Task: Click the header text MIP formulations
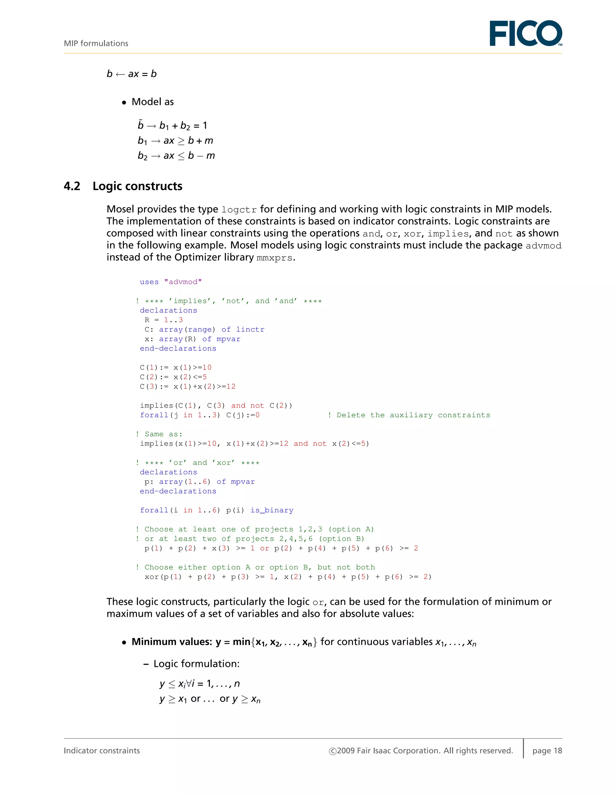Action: pyautogui.click(x=96, y=43)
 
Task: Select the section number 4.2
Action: pyautogui.click(x=72, y=186)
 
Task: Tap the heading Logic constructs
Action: pyautogui.click(x=137, y=186)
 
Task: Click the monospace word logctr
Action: pyautogui.click(x=239, y=210)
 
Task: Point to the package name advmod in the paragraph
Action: pyautogui.click(x=543, y=246)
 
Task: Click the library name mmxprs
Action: pyautogui.click(x=274, y=258)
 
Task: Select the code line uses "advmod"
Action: pyautogui.click(x=171, y=282)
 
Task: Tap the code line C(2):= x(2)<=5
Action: pyautogui.click(x=173, y=377)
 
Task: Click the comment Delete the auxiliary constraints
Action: pyautogui.click(x=413, y=415)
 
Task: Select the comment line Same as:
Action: pyautogui.click(x=159, y=434)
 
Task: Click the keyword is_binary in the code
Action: pyautogui.click(x=271, y=510)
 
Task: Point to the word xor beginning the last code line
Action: pyautogui.click(x=151, y=577)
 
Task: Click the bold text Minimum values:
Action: pyautogui.click(x=171, y=642)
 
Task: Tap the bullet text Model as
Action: pyautogui.click(x=152, y=102)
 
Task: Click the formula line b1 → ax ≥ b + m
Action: pyautogui.click(x=175, y=141)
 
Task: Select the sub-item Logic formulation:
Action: pyautogui.click(x=196, y=664)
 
